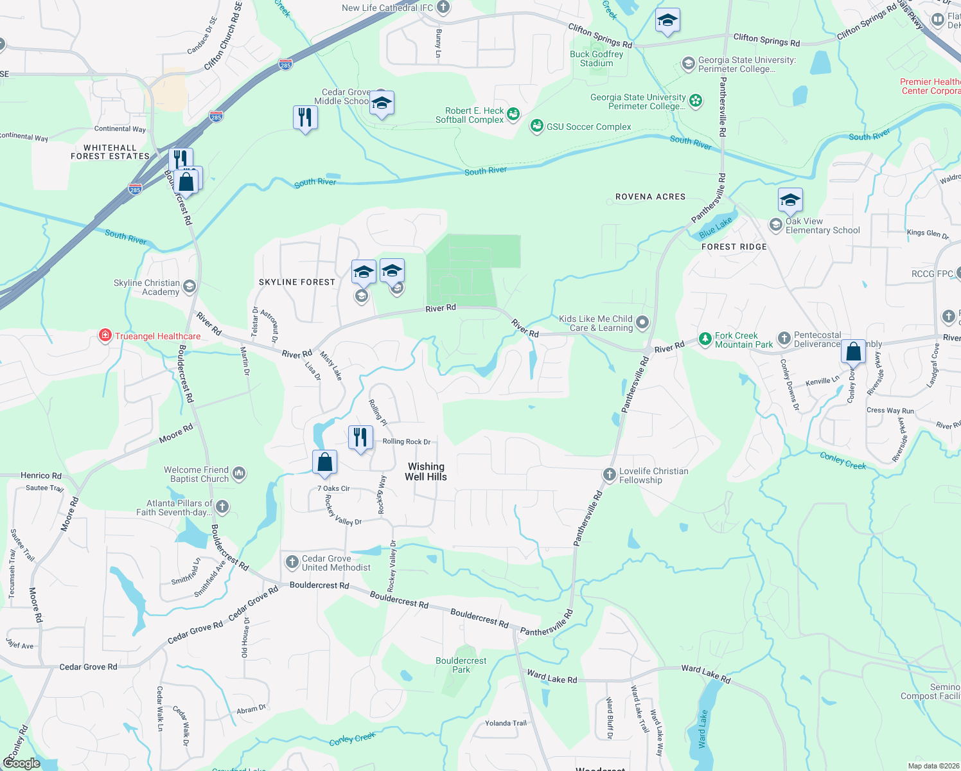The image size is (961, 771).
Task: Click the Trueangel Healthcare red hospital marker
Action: click(x=105, y=335)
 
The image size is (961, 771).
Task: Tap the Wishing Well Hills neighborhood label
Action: click(x=426, y=472)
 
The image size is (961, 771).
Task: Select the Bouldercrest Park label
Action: click(x=461, y=665)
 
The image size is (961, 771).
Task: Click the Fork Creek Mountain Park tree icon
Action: click(x=705, y=339)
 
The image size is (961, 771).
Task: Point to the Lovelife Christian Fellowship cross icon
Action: click(x=609, y=475)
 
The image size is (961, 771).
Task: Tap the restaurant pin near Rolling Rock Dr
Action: click(x=360, y=438)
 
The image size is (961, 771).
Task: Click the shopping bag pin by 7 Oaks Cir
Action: click(x=324, y=462)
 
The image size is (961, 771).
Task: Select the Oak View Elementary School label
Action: click(x=822, y=226)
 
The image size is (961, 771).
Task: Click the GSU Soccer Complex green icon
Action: click(x=536, y=126)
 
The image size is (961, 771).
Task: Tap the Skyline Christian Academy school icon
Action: click(x=189, y=287)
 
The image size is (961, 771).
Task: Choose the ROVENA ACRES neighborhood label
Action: click(x=650, y=197)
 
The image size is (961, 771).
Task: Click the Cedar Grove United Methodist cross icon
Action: click(x=292, y=562)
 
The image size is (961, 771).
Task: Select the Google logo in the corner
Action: click(x=22, y=763)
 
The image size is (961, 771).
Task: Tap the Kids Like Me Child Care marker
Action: click(x=642, y=323)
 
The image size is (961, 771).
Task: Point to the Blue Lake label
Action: click(x=716, y=227)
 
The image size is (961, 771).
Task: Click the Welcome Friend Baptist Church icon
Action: click(x=239, y=474)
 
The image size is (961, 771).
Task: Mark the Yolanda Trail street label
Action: click(x=506, y=723)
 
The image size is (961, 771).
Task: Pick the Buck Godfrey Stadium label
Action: click(x=597, y=58)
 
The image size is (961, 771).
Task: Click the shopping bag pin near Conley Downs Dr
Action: click(x=853, y=351)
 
